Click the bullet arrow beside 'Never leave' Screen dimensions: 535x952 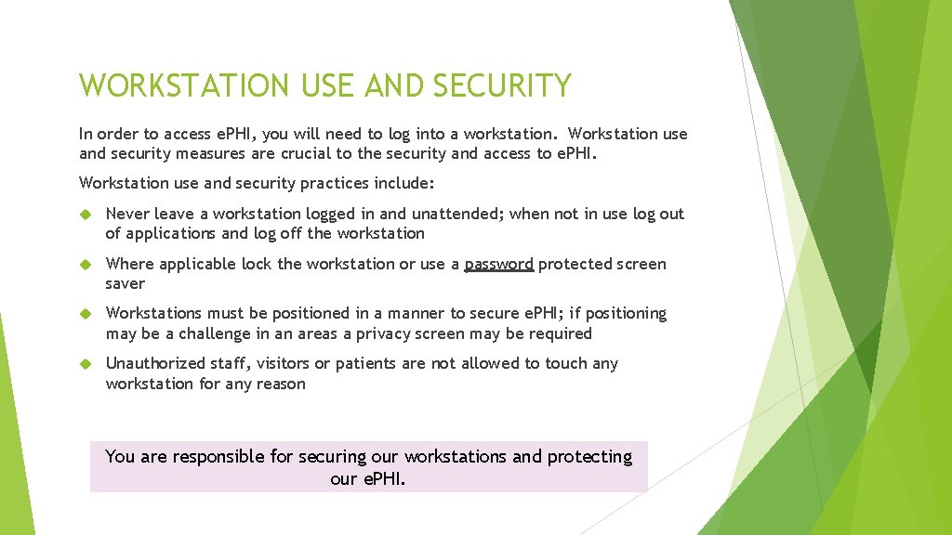tap(85, 215)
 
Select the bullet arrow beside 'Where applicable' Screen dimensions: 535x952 tap(85, 265)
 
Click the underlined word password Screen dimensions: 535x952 tap(498, 265)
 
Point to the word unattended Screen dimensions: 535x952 tap(454, 214)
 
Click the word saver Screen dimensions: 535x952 tap(126, 283)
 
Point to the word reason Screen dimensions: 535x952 tap(279, 384)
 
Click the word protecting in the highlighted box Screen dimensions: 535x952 tap(589, 456)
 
